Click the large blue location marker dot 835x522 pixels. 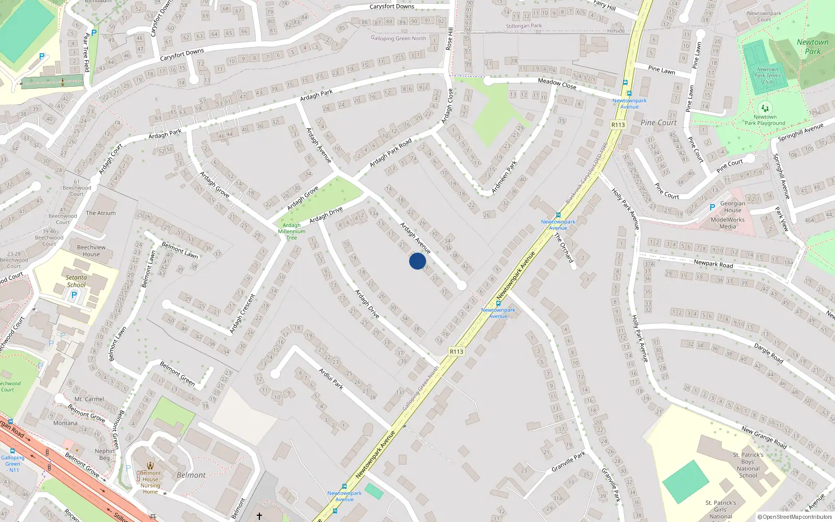[x=417, y=261]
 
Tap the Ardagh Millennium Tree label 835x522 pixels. [x=292, y=231]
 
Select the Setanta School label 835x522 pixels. [x=76, y=281]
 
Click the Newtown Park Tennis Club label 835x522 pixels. [x=767, y=76]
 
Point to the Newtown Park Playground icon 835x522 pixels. [x=765, y=108]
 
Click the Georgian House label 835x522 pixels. [x=733, y=207]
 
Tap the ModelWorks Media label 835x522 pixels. [x=727, y=223]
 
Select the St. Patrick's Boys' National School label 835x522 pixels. [x=748, y=465]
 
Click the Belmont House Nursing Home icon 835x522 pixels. [x=150, y=466]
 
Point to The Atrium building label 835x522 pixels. [x=101, y=213]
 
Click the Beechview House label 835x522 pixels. [x=91, y=251]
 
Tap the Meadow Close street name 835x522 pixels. [x=557, y=83]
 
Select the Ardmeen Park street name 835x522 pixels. [x=504, y=177]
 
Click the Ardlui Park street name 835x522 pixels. [x=331, y=378]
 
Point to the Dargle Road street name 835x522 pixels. [x=768, y=353]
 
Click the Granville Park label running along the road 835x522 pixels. [x=568, y=461]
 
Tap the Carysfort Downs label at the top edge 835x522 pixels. [x=391, y=6]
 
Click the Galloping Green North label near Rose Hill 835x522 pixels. [x=398, y=38]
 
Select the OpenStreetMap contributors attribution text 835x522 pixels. [x=795, y=517]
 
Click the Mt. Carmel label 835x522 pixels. [x=89, y=399]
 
